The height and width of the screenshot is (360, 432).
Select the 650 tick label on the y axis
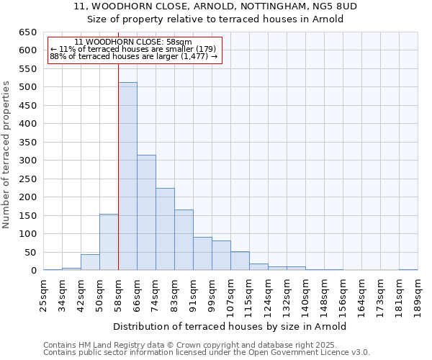pyautogui.click(x=27, y=32)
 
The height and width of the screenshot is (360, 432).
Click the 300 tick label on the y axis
pyautogui.click(x=27, y=161)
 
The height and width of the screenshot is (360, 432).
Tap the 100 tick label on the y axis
pyautogui.click(x=27, y=234)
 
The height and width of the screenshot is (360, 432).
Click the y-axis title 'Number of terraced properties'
pyautogui.click(x=7, y=155)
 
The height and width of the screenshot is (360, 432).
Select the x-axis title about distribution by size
pyautogui.click(x=230, y=326)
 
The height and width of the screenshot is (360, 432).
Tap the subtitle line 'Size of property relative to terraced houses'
pyautogui.click(x=216, y=19)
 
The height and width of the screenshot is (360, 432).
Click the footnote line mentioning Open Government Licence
pyautogui.click(x=207, y=353)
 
